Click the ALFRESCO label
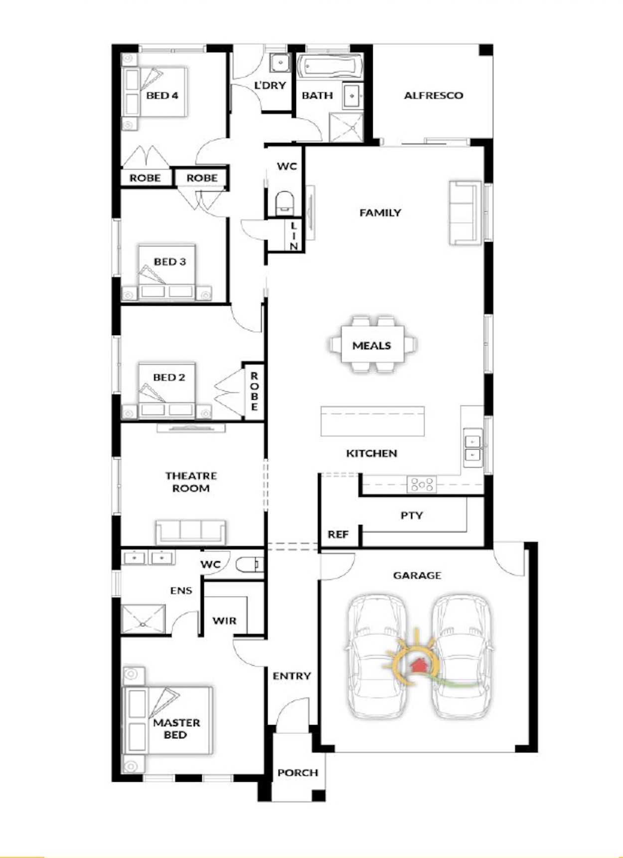(433, 95)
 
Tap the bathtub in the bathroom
(330, 66)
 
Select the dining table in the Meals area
(372, 345)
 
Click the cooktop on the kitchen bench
(422, 484)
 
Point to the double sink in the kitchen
(472, 447)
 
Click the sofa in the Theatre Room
(190, 532)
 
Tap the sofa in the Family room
(466, 213)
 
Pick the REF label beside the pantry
(338, 534)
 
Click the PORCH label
(298, 772)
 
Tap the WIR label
(224, 620)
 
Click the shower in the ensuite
(144, 619)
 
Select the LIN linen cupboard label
(294, 236)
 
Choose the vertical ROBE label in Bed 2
(254, 391)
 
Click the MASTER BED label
(176, 728)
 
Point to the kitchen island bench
(372, 421)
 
